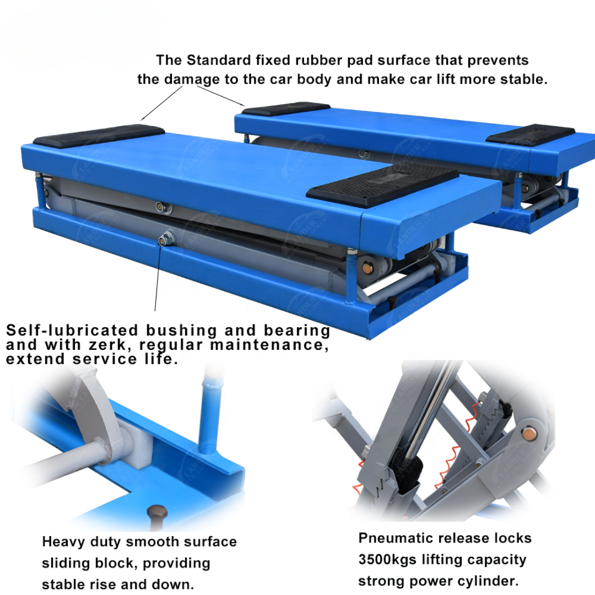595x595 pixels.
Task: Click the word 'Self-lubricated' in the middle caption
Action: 72,331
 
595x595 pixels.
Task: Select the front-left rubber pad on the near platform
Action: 99,136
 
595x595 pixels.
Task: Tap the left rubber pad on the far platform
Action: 286,109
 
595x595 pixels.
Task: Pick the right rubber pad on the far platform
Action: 530,134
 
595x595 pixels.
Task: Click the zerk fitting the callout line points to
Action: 164,239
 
